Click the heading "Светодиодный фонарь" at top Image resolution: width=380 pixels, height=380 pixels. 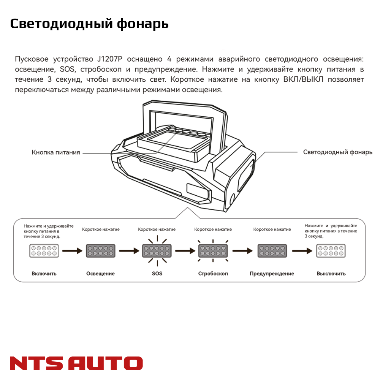[x=89, y=24]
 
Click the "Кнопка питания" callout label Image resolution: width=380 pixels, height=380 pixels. [x=56, y=152]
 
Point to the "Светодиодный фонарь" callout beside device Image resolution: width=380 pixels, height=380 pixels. [x=337, y=152]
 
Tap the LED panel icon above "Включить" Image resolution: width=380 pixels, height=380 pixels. [x=44, y=251]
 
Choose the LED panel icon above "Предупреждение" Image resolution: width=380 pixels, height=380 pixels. [x=272, y=251]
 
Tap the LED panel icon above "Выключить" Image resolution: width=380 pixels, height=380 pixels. [x=331, y=251]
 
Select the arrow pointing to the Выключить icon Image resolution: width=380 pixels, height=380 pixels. [x=302, y=251]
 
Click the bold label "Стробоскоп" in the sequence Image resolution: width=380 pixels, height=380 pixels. [x=213, y=274]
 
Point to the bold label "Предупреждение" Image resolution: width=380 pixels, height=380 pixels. [x=272, y=274]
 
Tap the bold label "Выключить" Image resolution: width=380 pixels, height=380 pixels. [x=331, y=274]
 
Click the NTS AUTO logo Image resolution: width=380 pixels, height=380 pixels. [x=76, y=363]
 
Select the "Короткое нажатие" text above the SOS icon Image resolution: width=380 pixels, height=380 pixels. [x=157, y=230]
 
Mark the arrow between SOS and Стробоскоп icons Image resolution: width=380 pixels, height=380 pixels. [x=185, y=251]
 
